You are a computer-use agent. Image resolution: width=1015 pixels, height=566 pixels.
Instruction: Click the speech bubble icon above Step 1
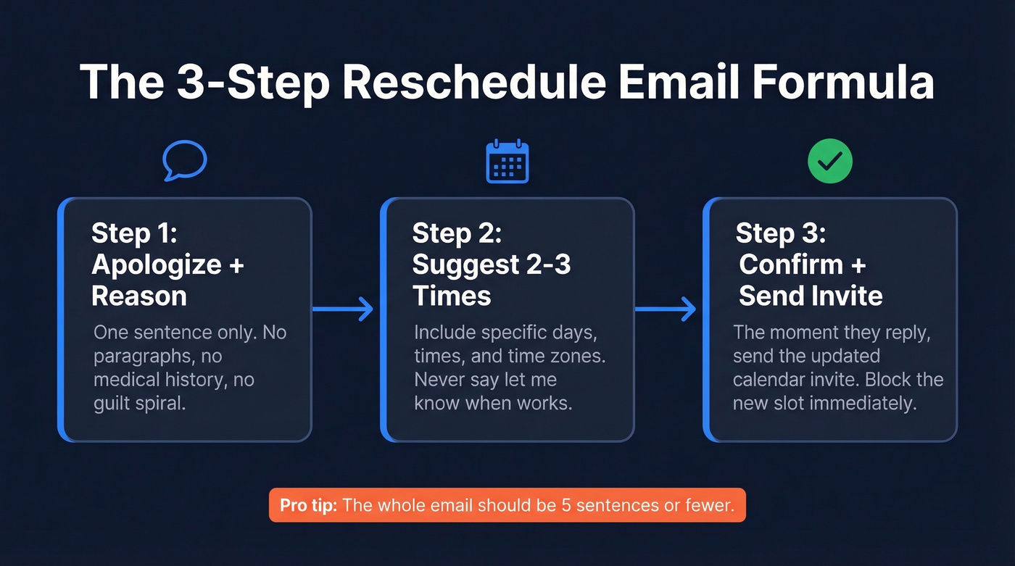pyautogui.click(x=185, y=160)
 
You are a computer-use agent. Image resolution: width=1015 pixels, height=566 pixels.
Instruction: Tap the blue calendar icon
pyautogui.click(x=507, y=162)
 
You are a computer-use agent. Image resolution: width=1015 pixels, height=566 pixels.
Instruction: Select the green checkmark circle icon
pyautogui.click(x=829, y=162)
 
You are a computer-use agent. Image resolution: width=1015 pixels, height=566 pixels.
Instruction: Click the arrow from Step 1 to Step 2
pyautogui.click(x=343, y=309)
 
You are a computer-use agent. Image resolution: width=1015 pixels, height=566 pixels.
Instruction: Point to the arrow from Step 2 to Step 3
pyautogui.click(x=666, y=309)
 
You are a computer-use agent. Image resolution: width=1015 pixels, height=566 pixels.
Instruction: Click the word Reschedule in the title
pyautogui.click(x=473, y=82)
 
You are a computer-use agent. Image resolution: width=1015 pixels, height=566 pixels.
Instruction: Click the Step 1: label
pyautogui.click(x=134, y=233)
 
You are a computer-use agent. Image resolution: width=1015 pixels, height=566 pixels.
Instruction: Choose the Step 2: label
pyautogui.click(x=457, y=233)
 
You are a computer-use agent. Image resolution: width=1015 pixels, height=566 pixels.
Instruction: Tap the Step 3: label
pyautogui.click(x=780, y=233)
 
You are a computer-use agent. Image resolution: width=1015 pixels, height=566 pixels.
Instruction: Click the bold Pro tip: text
pyautogui.click(x=308, y=505)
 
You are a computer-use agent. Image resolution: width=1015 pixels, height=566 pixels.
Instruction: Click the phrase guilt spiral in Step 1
pyautogui.click(x=140, y=404)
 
